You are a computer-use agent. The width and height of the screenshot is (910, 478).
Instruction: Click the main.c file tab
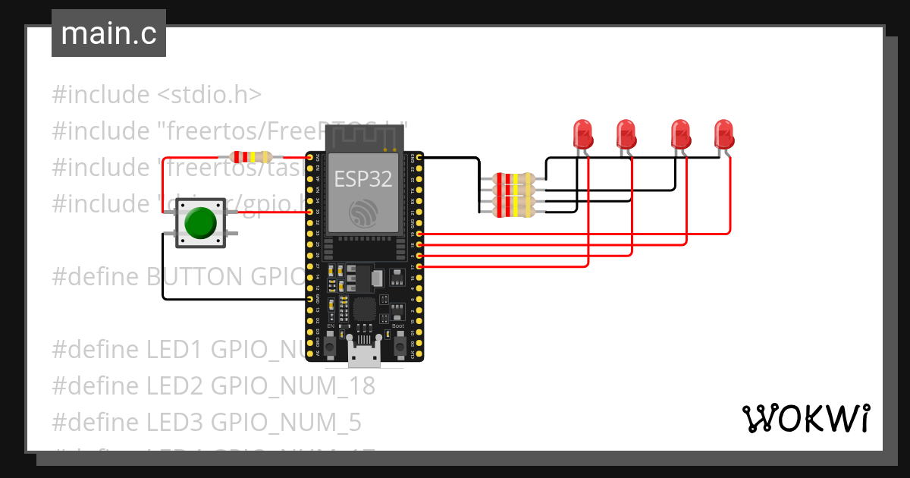point(108,34)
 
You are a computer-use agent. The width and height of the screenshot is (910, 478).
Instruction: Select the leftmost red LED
point(582,134)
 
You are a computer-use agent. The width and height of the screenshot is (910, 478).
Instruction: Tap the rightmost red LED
point(723,134)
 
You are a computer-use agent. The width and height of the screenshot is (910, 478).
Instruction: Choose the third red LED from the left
point(681,134)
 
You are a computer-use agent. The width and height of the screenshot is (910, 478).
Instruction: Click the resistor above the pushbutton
point(252,157)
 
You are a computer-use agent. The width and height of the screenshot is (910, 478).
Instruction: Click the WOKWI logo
point(805,418)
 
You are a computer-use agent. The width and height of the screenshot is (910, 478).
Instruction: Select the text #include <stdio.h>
point(157,95)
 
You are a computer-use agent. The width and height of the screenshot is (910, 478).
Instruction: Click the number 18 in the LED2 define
point(362,386)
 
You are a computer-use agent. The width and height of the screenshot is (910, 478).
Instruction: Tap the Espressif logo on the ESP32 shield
point(363,215)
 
